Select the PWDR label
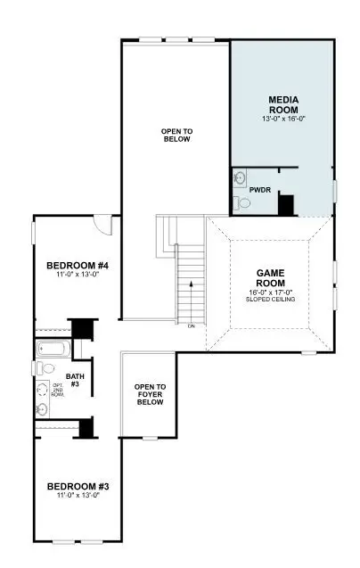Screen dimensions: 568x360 [x=260, y=190]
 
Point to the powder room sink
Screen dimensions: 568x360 [x=240, y=178]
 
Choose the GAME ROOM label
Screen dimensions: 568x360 [x=270, y=277]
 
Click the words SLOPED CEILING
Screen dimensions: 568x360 [x=270, y=299]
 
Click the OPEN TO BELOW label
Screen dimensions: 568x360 [x=176, y=136]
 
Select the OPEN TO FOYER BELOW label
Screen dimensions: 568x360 [x=150, y=395]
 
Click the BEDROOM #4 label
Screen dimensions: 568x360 [x=78, y=265]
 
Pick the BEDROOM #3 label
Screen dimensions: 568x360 [x=78, y=486]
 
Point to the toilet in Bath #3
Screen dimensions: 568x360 [x=49, y=368]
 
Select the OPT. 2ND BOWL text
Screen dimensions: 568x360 [x=44, y=390]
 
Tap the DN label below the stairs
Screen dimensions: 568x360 [x=191, y=326]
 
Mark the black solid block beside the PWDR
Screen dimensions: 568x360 [x=286, y=203]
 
